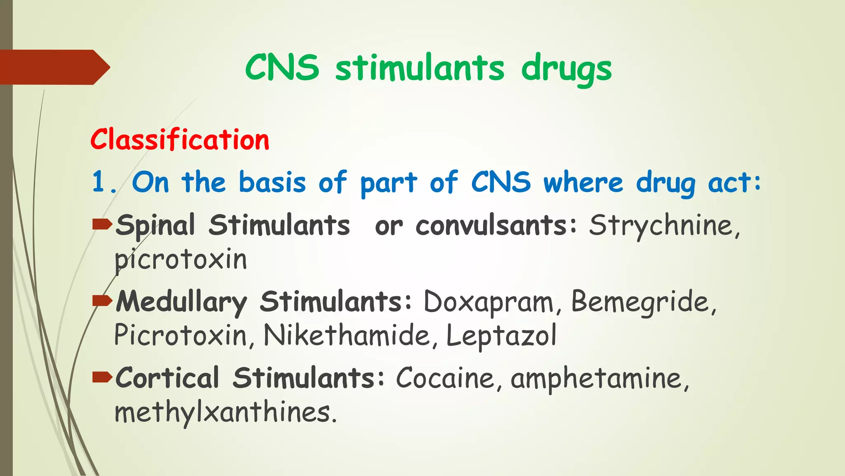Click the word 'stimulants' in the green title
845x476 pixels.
click(x=420, y=68)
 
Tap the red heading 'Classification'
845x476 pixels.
click(x=180, y=140)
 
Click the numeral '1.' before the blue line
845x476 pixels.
click(x=103, y=182)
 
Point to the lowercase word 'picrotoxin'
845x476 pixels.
click(x=181, y=260)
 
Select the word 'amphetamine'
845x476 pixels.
click(x=600, y=379)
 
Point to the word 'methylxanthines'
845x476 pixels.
click(x=225, y=413)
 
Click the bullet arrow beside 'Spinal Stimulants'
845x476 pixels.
click(x=102, y=225)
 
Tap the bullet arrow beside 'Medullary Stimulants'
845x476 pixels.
click(x=102, y=301)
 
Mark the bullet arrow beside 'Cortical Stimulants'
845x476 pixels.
click(x=102, y=377)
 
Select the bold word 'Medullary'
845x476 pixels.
click(x=181, y=302)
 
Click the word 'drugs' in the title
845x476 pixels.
click(x=566, y=69)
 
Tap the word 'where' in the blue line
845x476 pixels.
click(x=583, y=182)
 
